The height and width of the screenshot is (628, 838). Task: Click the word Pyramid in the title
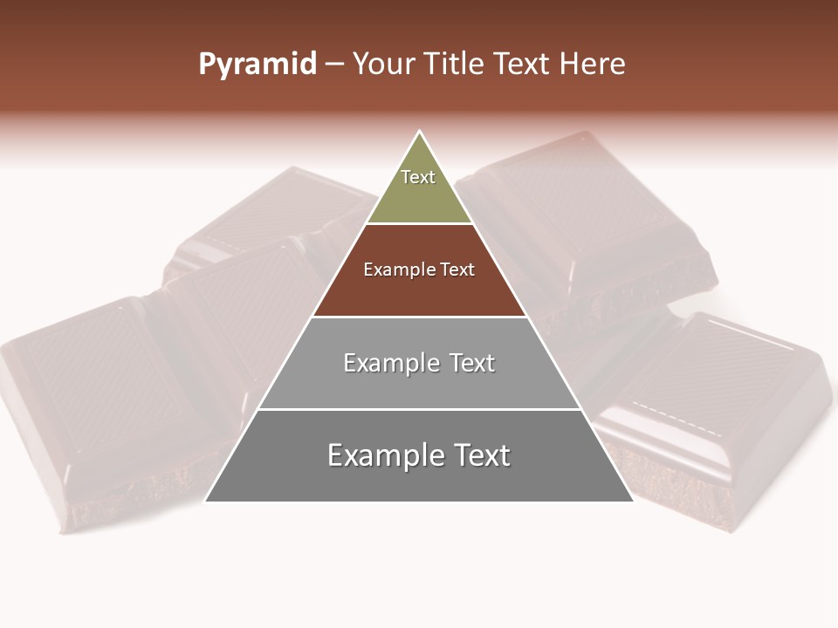[257, 65]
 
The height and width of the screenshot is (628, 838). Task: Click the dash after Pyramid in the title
[334, 65]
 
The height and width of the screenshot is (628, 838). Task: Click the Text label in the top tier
[418, 177]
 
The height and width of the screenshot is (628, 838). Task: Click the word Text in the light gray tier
[472, 363]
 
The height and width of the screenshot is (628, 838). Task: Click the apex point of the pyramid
[419, 132]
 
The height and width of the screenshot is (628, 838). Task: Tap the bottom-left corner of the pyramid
[206, 501]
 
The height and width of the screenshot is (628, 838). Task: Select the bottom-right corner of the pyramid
[633, 501]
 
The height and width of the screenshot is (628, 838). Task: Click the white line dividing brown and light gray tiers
[419, 317]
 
